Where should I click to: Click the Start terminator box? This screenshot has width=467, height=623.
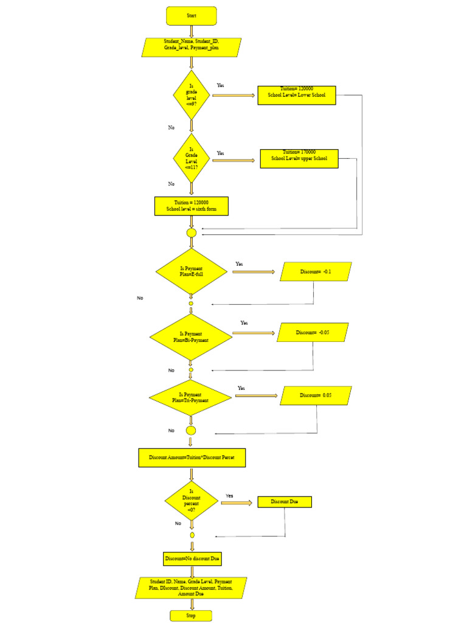pyautogui.click(x=191, y=16)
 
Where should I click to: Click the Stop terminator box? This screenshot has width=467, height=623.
pyautogui.click(x=191, y=616)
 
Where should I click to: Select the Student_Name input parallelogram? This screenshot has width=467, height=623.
pyautogui.click(x=191, y=47)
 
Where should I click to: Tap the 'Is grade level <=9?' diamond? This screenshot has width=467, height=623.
pyautogui.click(x=191, y=95)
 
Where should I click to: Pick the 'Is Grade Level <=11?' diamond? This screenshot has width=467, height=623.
pyautogui.click(x=191, y=158)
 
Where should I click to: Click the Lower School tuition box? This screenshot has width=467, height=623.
pyautogui.click(x=297, y=95)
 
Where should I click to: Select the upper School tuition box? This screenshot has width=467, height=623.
pyautogui.click(x=299, y=158)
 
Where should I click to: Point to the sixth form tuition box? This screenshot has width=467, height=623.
pyautogui.click(x=191, y=206)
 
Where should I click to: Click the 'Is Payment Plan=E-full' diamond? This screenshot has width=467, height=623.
pyautogui.click(x=191, y=271)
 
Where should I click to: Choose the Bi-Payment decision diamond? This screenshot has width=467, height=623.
pyautogui.click(x=190, y=336)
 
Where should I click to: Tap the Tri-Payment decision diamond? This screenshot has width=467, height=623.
pyautogui.click(x=190, y=397)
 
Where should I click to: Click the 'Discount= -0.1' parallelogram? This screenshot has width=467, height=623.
pyautogui.click(x=316, y=271)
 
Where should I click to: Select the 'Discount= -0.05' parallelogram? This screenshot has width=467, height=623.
pyautogui.click(x=313, y=332)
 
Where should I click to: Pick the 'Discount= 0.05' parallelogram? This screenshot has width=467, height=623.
pyautogui.click(x=316, y=395)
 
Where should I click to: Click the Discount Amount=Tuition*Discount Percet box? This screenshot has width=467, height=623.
pyautogui.click(x=192, y=458)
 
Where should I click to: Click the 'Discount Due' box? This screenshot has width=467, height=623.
pyautogui.click(x=285, y=502)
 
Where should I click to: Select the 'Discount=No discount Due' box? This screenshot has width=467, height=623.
pyautogui.click(x=192, y=559)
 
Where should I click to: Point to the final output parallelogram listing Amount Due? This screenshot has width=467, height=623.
pyautogui.click(x=191, y=588)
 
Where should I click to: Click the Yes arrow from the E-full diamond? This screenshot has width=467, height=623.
pyautogui.click(x=253, y=271)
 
